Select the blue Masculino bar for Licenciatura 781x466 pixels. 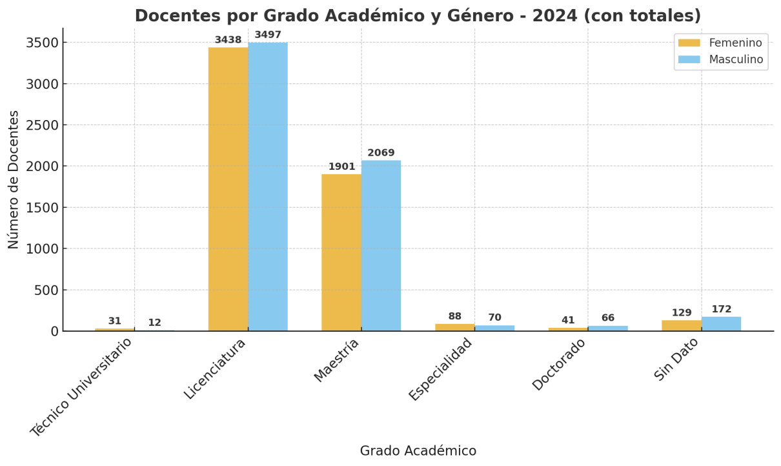[268, 187]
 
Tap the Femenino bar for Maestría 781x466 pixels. [341, 252]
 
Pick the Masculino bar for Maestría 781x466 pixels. [381, 245]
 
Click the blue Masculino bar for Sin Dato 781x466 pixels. [721, 324]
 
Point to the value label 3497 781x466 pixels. [268, 35]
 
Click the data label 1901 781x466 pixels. [341, 167]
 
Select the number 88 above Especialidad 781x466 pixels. [455, 316]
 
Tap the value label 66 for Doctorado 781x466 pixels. [608, 318]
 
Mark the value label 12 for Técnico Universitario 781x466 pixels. [154, 323]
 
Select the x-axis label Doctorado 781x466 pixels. [560, 365]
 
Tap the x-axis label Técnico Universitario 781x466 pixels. [82, 387]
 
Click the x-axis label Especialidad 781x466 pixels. [441, 369]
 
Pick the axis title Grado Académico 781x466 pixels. [418, 451]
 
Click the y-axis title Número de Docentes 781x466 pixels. [14, 179]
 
